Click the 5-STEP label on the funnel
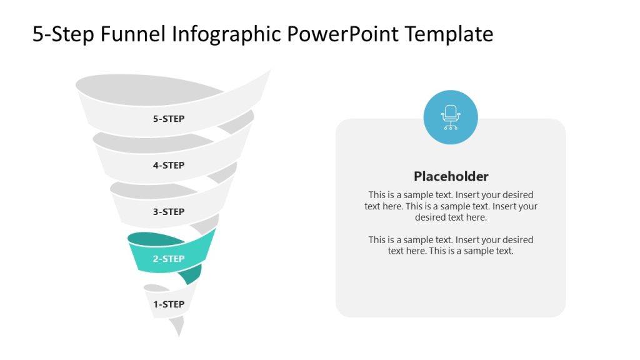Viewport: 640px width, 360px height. (x=169, y=119)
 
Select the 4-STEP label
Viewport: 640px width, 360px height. (x=169, y=166)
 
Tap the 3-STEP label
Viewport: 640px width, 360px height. (x=169, y=212)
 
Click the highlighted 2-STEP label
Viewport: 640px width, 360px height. (x=169, y=259)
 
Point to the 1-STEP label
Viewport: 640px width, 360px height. (x=169, y=304)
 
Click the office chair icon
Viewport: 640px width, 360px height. (x=450, y=117)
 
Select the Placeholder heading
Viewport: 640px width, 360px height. (x=451, y=176)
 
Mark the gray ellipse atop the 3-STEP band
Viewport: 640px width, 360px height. (x=134, y=188)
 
